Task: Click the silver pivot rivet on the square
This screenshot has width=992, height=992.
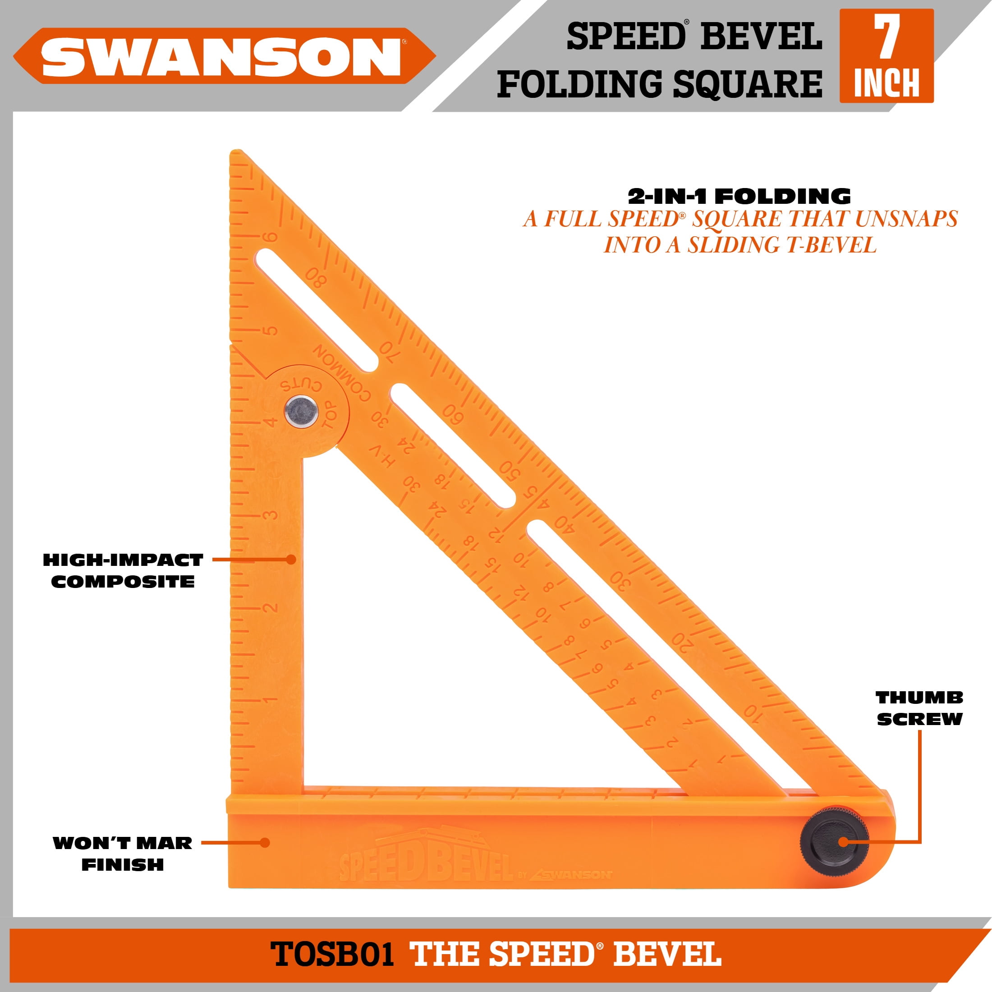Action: (x=301, y=411)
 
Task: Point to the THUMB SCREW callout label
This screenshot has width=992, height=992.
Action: (x=919, y=708)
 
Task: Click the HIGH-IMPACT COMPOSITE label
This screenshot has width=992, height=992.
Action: (x=123, y=571)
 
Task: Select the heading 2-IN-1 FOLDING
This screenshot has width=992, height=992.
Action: (x=739, y=196)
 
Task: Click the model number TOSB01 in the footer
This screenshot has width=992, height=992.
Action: (x=332, y=954)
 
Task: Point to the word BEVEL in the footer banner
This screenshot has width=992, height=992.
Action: (x=667, y=954)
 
